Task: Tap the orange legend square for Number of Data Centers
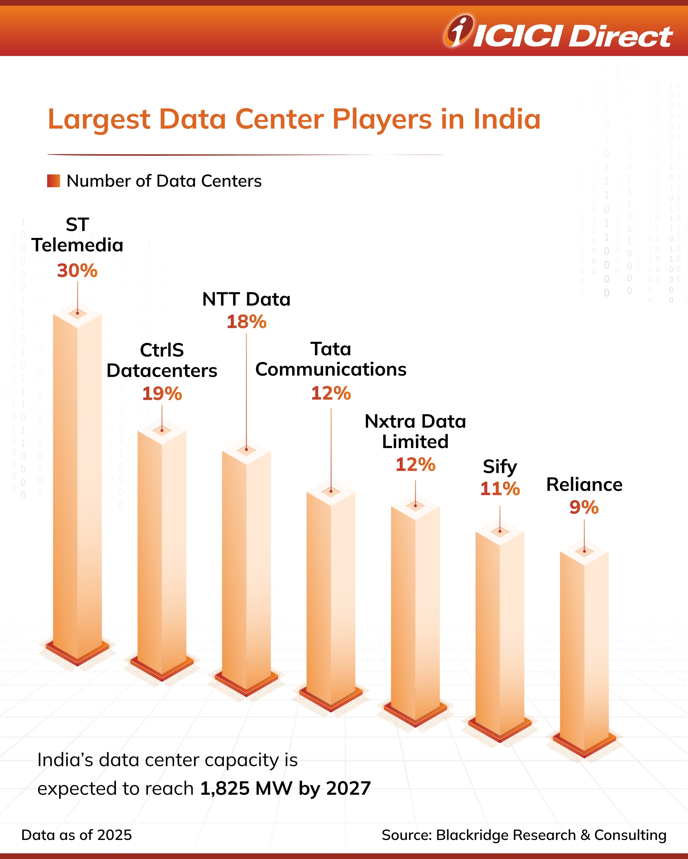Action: (x=54, y=181)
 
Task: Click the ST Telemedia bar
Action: (x=77, y=478)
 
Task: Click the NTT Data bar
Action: (x=246, y=566)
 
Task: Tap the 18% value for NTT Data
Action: (x=247, y=322)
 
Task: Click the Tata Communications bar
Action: (x=331, y=597)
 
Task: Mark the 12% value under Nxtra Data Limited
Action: (x=415, y=464)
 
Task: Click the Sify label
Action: (x=500, y=466)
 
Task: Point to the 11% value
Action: (x=500, y=489)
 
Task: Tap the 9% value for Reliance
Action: (x=584, y=507)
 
